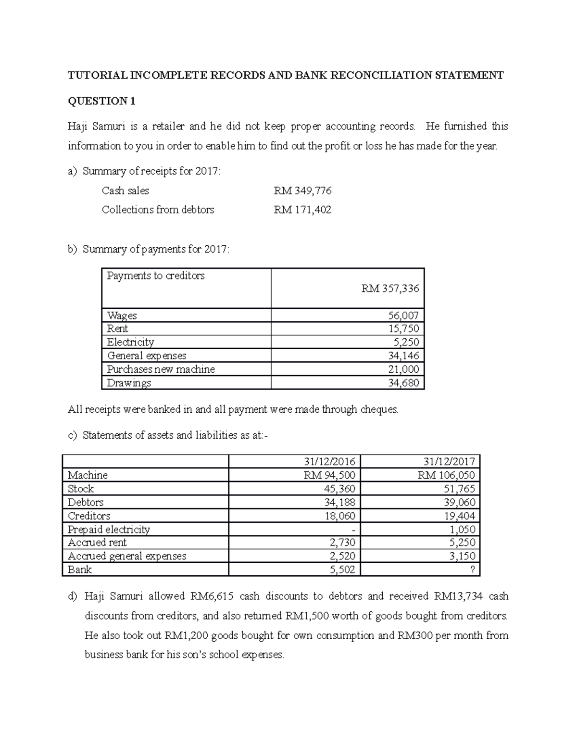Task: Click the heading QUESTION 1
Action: (x=101, y=101)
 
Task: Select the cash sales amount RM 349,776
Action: (x=302, y=191)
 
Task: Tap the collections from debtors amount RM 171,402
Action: (x=302, y=210)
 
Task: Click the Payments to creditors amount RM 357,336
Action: (x=390, y=289)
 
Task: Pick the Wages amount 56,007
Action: (x=403, y=316)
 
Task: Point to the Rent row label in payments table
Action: (x=117, y=329)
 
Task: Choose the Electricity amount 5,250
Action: (x=406, y=342)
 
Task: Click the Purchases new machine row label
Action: (x=161, y=369)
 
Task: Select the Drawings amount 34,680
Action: (x=403, y=383)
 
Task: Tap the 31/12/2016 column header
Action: (x=329, y=462)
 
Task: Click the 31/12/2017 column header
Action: (x=449, y=462)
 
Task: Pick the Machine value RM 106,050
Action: (x=446, y=475)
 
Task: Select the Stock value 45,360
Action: (x=339, y=489)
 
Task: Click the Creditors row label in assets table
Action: (x=89, y=516)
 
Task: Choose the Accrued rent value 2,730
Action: (x=342, y=543)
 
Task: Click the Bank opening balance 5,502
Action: (x=342, y=570)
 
